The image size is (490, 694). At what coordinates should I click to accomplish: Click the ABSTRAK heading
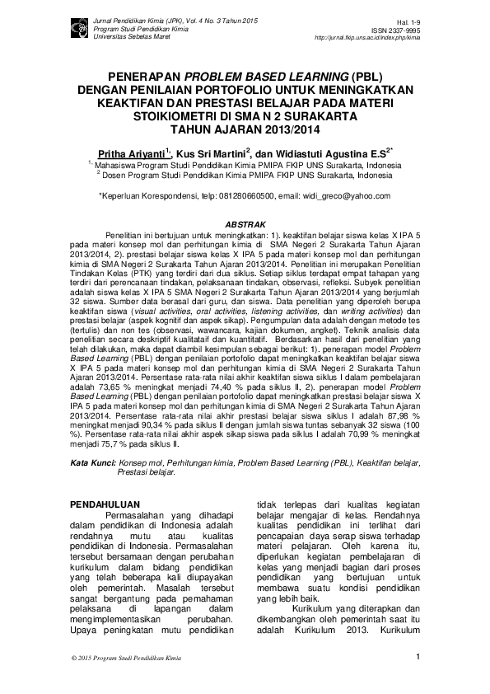245,224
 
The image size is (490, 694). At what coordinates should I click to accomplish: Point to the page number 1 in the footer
418,657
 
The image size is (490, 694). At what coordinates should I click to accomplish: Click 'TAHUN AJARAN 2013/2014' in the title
245,129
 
